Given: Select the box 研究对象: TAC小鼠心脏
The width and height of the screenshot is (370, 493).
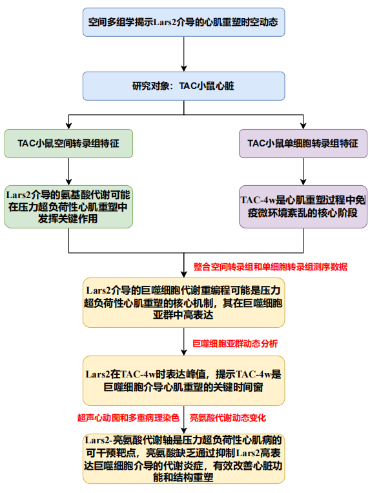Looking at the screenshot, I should [184, 86].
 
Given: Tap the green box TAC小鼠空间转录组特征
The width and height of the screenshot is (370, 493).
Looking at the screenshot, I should [69, 143].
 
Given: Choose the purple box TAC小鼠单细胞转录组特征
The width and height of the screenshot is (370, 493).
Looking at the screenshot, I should [303, 143].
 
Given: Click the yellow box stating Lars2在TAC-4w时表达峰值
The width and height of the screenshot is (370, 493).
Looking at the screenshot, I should [185, 380].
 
